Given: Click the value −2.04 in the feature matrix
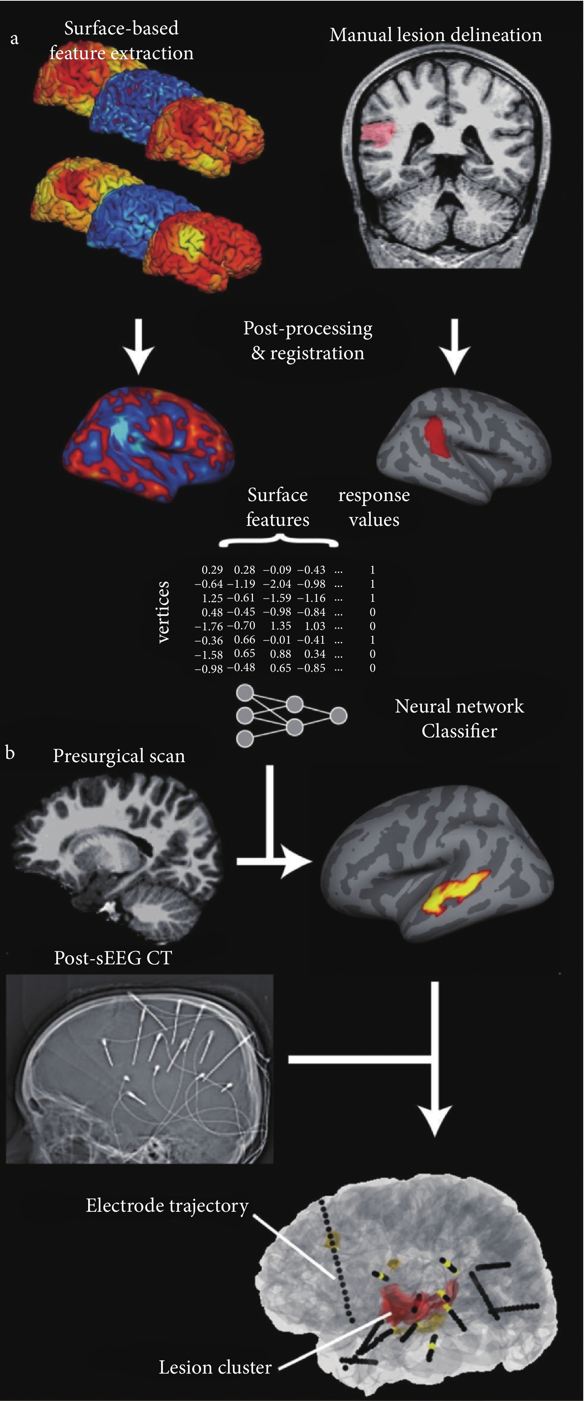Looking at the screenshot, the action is (277, 584).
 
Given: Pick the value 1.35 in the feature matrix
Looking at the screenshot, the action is (281, 626).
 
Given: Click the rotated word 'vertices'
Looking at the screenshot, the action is (163, 612).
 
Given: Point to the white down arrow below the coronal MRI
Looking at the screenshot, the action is (455, 346).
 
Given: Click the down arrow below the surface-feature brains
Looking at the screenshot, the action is (139, 346).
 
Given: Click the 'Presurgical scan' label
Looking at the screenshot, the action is (119, 756).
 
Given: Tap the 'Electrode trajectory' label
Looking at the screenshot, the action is (167, 1206).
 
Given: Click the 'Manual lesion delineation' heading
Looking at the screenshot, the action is (436, 35).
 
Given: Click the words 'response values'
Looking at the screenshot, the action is (374, 507).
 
